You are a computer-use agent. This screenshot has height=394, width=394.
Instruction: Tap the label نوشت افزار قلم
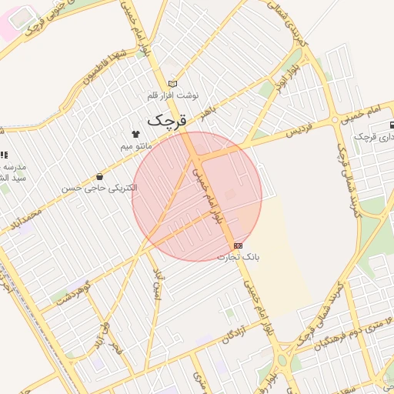(173, 95)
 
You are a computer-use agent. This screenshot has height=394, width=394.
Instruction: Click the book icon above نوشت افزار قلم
(172, 83)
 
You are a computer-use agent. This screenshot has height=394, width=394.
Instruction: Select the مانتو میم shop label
(136, 145)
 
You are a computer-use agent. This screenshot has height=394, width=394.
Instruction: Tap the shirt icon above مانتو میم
(136, 134)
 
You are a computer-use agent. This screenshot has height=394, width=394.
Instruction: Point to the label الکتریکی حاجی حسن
(100, 188)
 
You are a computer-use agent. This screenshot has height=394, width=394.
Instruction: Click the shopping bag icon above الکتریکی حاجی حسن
(100, 176)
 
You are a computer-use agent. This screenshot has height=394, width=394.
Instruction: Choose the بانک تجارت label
(238, 257)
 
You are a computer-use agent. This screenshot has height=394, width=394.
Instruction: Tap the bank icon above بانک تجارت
(237, 245)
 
